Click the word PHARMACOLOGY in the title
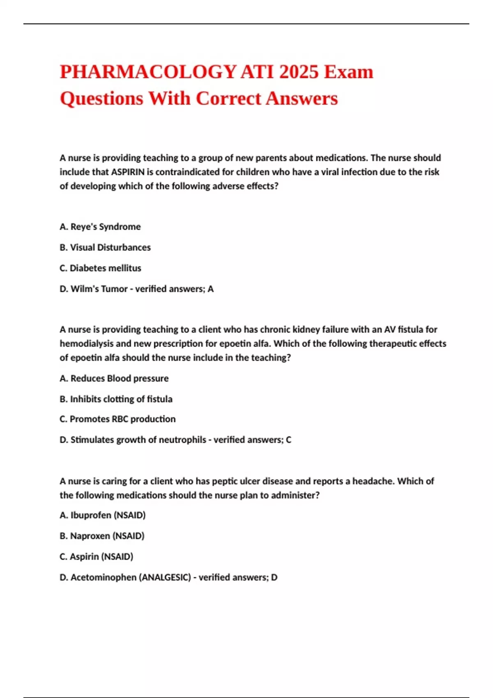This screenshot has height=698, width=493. click(148, 72)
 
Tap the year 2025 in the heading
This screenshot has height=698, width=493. click(299, 72)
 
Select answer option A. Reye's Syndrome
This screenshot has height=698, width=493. click(100, 227)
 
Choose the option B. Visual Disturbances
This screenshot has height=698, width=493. click(105, 248)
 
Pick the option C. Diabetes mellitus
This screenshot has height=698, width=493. click(100, 268)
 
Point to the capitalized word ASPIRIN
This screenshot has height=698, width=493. click(128, 172)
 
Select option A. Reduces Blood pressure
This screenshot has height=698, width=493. click(114, 378)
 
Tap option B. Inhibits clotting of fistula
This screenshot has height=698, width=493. click(116, 399)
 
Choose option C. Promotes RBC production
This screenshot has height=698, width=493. click(117, 419)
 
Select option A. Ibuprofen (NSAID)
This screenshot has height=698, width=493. click(103, 515)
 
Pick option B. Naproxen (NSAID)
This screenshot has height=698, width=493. click(102, 536)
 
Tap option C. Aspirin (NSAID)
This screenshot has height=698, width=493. click(97, 557)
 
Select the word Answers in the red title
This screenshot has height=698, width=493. click(302, 99)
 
